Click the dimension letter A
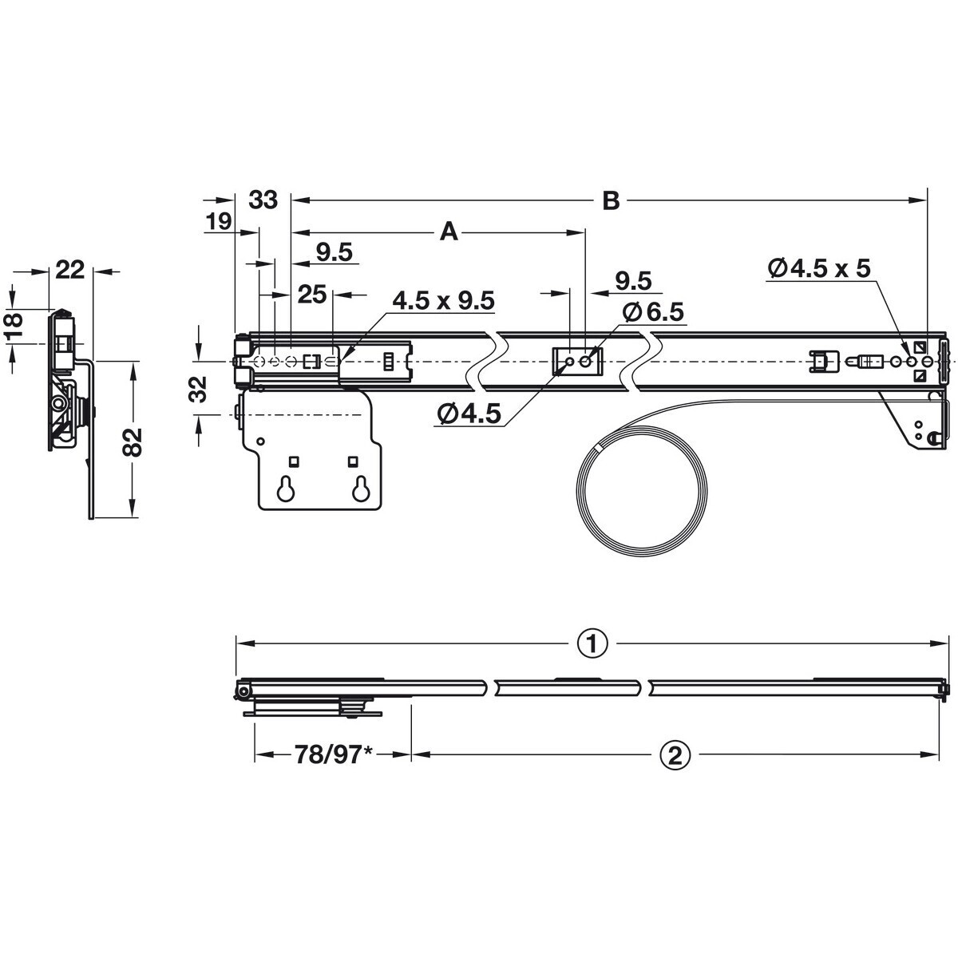pos(449,232)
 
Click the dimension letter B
pos(611,201)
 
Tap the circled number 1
pos(592,645)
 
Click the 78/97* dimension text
pos(334,755)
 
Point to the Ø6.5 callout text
pos(653,311)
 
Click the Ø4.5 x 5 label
pos(819,268)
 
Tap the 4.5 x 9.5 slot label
pos(443,301)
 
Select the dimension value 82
pos(133,442)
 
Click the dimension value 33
pos(263,200)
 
